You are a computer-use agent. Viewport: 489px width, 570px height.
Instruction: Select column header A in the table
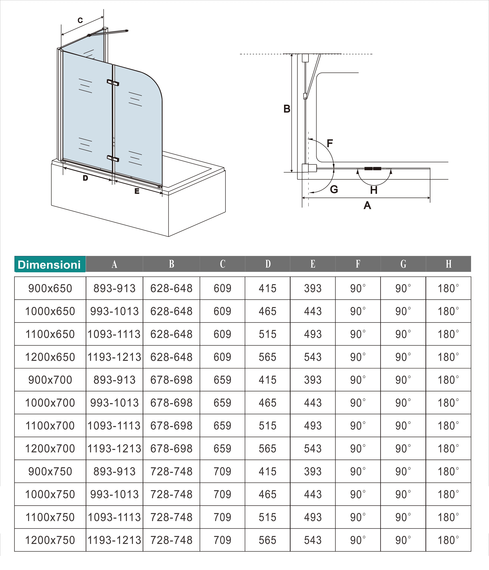click(x=114, y=264)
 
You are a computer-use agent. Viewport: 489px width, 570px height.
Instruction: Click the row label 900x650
click(x=50, y=288)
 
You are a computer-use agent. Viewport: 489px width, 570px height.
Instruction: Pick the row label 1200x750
click(x=50, y=540)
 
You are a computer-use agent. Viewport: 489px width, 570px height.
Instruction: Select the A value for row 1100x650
click(x=114, y=334)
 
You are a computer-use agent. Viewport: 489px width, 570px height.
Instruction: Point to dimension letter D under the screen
click(x=85, y=178)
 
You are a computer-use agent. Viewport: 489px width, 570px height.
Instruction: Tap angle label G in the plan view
click(x=334, y=190)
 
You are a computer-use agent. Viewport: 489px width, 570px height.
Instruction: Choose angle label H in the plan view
click(x=373, y=190)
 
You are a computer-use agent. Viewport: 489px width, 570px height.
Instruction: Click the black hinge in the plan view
click(x=373, y=169)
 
